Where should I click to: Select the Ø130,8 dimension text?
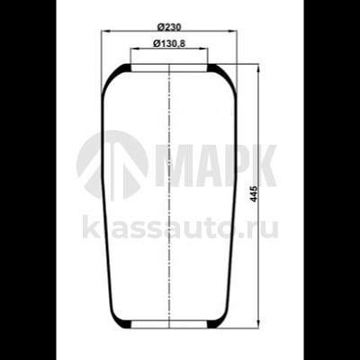(168, 43)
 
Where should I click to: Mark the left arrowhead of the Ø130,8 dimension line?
(133, 50)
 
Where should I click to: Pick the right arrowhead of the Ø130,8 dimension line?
(204, 50)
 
